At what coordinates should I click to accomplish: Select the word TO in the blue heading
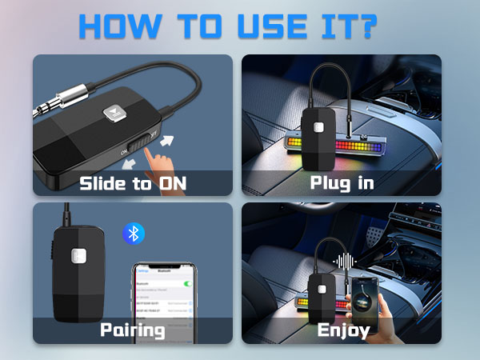click(205, 28)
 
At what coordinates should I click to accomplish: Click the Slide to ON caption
click(132, 183)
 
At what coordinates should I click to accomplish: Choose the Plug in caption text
click(342, 183)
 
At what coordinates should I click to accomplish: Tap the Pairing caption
click(132, 330)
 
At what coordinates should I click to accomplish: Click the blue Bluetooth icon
click(133, 233)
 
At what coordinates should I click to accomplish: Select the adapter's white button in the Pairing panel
click(78, 256)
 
